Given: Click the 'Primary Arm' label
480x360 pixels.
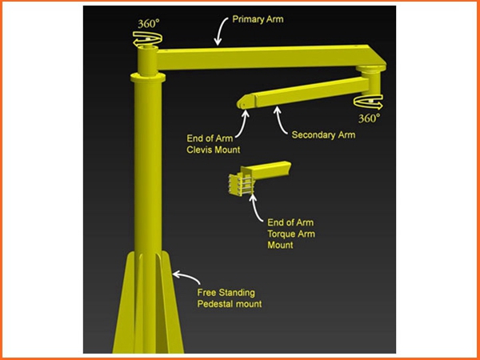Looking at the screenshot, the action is point(258,19).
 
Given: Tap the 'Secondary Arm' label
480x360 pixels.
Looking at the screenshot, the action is point(323,134).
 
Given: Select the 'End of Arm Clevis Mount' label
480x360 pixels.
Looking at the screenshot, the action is point(214,144).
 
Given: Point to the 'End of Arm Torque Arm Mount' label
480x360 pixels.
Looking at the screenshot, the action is point(291,234).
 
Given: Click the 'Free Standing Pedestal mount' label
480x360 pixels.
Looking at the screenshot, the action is point(230,298).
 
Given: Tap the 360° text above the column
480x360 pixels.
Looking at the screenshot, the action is point(149,23).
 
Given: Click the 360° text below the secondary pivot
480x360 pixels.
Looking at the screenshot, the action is point(369,118).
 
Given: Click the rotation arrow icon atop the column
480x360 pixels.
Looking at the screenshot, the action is point(147,40).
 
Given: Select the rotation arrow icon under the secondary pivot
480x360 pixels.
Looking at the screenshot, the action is point(368,102).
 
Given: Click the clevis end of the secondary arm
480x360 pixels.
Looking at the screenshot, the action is point(246,102).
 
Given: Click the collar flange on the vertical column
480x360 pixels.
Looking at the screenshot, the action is point(148,77).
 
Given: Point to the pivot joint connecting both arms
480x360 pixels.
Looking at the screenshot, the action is point(371,79).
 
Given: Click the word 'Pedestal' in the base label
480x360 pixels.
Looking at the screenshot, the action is point(214,304).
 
